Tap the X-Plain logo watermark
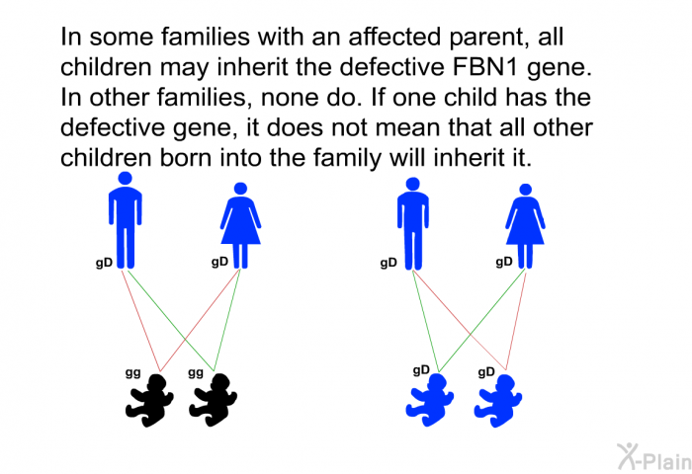click(654, 457)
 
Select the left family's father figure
click(126, 220)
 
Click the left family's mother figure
click(240, 225)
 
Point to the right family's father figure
click(413, 223)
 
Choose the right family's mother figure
click(525, 226)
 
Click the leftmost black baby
click(149, 400)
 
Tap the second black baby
click(214, 400)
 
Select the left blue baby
click(430, 400)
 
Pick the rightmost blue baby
click(498, 401)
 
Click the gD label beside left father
click(104, 264)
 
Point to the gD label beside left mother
click(219, 262)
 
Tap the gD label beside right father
click(389, 264)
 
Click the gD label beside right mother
click(504, 262)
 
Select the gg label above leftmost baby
click(132, 373)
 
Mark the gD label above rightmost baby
click(486, 372)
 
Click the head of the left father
click(126, 178)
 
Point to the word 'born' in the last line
click(186, 158)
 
